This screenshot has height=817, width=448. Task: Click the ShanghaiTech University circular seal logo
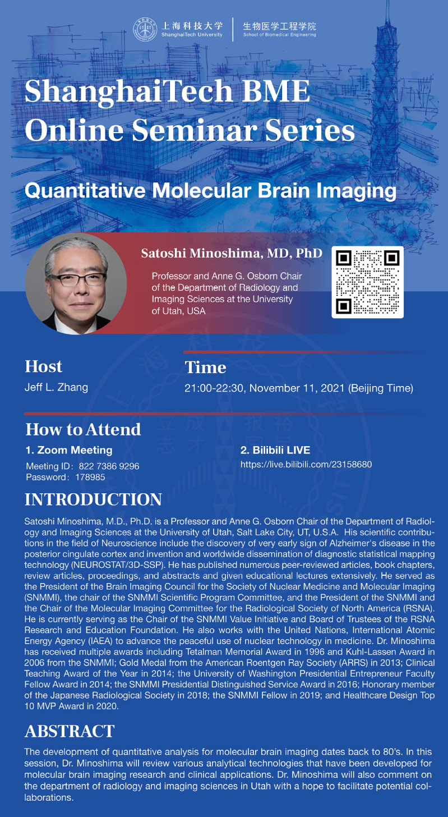[145, 30]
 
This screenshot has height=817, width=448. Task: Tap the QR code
[367, 282]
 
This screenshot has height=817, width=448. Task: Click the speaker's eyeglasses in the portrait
[77, 279]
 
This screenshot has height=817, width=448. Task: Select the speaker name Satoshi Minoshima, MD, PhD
[232, 253]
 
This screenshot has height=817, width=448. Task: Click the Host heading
[43, 366]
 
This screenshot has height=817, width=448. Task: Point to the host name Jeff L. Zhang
[56, 387]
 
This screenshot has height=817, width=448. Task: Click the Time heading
[205, 368]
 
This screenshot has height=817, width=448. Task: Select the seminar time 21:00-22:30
[214, 388]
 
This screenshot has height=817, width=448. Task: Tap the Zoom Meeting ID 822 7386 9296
[109, 466]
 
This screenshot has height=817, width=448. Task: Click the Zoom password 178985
[90, 477]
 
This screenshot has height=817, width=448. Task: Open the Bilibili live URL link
[306, 464]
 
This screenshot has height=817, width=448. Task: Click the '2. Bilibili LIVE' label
[275, 450]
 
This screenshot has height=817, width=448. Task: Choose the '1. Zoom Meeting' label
[69, 450]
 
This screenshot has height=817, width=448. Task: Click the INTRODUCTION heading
[93, 499]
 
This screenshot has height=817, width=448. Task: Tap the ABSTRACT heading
[70, 731]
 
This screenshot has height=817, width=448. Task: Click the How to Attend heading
[83, 429]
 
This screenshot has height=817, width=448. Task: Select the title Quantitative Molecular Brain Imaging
[210, 191]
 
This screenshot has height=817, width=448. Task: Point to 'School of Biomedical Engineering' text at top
[280, 35]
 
